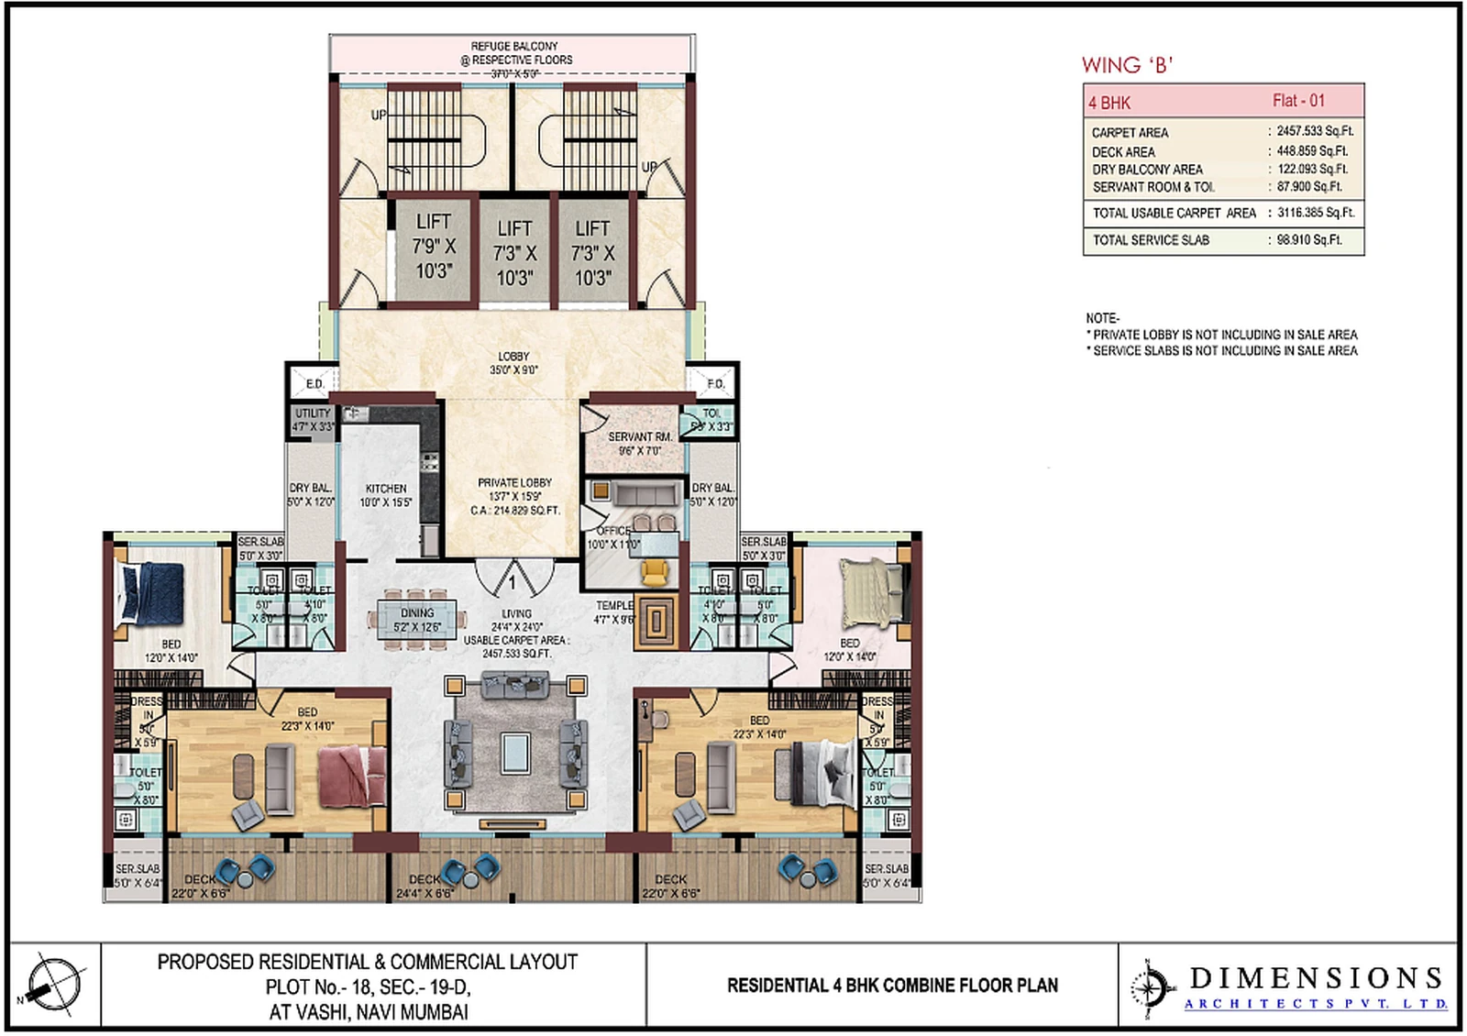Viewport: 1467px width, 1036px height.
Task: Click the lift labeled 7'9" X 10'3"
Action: (434, 247)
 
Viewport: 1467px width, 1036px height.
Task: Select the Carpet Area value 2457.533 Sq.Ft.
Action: (1315, 131)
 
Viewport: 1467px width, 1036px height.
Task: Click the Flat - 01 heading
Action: (1298, 101)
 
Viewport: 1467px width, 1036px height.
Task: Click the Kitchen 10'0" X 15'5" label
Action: (386, 495)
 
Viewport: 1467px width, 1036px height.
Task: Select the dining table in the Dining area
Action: (417, 619)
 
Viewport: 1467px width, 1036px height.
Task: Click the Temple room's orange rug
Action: (656, 622)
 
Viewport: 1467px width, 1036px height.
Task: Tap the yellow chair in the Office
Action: (655, 572)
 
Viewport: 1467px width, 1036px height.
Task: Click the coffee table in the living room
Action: (515, 754)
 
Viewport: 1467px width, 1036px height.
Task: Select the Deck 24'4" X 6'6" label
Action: (425, 886)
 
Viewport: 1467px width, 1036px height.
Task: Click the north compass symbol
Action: (54, 985)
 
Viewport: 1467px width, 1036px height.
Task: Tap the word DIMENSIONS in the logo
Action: (1317, 978)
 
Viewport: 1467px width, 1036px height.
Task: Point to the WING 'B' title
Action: (1127, 65)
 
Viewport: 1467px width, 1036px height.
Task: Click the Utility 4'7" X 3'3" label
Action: (313, 420)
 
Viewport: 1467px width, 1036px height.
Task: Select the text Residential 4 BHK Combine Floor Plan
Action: (892, 986)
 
